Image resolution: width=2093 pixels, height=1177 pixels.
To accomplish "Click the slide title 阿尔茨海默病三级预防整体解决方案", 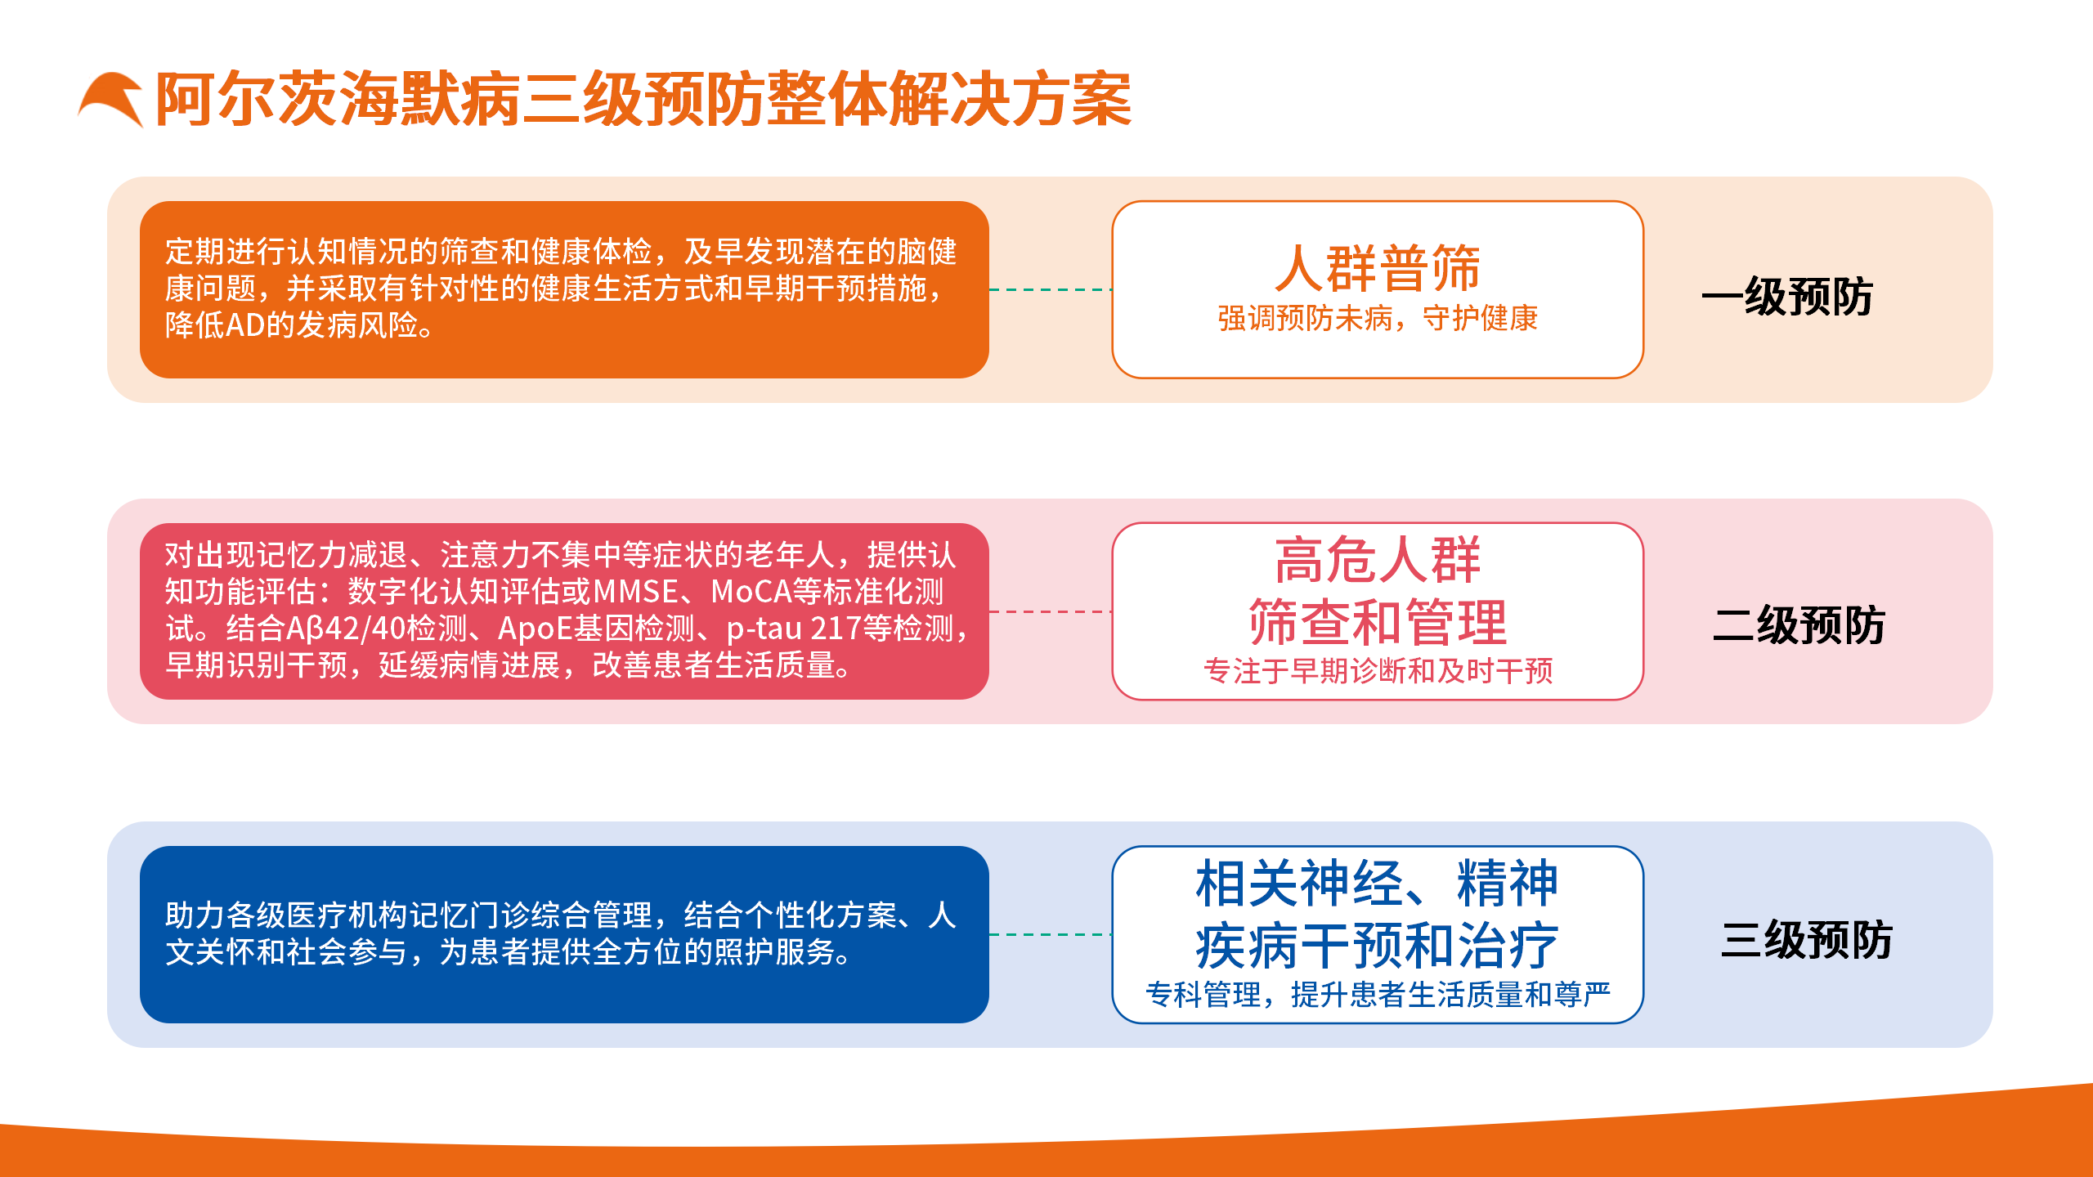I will tap(643, 100).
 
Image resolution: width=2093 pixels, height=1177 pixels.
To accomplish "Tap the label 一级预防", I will tap(1787, 296).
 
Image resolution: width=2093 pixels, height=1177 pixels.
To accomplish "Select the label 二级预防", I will tap(1798, 625).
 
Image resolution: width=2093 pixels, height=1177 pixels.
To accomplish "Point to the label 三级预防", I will tap(1806, 940).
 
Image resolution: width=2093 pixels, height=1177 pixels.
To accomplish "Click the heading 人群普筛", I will tap(1378, 268).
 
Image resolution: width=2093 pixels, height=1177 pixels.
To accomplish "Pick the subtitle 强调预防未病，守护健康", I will tap(1378, 319).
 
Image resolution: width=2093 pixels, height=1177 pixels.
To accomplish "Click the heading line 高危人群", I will tap(1378, 561).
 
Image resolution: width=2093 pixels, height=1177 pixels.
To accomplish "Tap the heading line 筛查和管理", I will tap(1378, 623).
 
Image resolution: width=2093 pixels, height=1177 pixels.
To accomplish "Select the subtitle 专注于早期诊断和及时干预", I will tap(1378, 671).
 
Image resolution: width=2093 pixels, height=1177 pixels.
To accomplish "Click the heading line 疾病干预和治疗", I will tap(1378, 947).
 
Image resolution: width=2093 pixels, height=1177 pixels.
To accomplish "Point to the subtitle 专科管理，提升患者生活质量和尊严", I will tap(1378, 995).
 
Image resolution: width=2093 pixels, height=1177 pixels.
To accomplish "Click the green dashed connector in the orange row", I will tap(1051, 289).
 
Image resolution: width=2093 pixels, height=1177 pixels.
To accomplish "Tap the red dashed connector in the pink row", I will tap(1051, 611).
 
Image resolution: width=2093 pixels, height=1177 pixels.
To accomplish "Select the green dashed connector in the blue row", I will tap(1051, 934).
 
